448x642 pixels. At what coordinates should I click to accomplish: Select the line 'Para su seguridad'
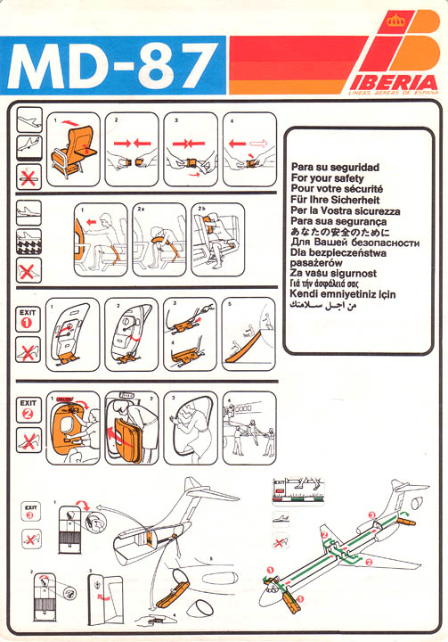tap(335, 168)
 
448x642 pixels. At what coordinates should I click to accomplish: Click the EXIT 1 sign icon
tap(29, 318)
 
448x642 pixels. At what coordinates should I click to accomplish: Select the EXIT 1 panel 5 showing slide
tap(248, 333)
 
